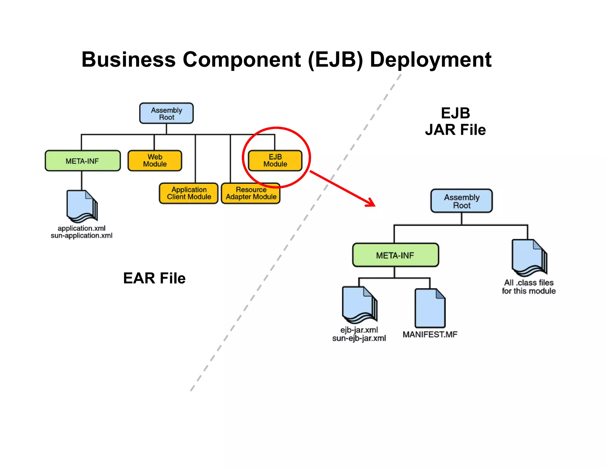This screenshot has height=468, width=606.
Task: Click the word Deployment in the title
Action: pos(431,60)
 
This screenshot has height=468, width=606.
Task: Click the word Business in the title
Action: pos(128,60)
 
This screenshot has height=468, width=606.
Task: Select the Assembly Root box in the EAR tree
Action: pos(166,113)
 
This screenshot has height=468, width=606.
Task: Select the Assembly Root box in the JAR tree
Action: pos(461,201)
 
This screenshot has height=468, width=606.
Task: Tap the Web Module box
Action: pos(155,161)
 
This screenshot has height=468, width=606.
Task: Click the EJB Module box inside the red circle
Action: pos(275,161)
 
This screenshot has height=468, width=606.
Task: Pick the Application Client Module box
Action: pos(189,193)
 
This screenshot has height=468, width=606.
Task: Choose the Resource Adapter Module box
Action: pos(251,193)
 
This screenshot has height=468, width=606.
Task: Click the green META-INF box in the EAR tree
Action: pos(83,161)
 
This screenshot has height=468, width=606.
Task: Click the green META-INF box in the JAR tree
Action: pos(395,255)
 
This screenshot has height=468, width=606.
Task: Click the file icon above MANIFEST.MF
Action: pos(430,308)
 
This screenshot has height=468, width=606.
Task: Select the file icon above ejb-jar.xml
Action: pos(359,305)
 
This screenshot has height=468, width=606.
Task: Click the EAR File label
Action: pos(154,278)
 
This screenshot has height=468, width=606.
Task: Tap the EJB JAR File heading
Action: pos(455,122)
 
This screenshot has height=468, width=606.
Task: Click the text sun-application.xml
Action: pos(81,236)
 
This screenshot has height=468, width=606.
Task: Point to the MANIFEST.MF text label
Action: pos(430,335)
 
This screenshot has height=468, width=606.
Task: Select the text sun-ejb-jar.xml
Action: pos(359,338)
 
